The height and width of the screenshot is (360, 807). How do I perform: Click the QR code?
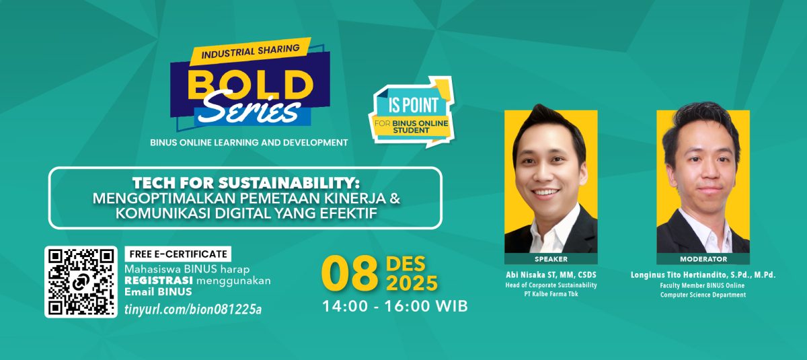pos(81,282)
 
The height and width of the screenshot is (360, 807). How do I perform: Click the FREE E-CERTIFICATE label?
pos(178,254)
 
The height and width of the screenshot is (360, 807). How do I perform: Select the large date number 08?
pos(349,273)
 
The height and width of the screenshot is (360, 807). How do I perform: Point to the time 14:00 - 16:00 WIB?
pos(395,306)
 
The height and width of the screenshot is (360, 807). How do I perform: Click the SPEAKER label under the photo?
pos(551,259)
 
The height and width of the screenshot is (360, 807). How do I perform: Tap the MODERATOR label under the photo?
pos(703,259)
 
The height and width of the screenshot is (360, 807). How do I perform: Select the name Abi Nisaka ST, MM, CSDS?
pos(551,275)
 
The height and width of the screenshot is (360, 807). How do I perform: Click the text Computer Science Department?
pos(703,295)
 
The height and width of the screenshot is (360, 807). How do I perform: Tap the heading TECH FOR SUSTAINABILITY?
pos(245,182)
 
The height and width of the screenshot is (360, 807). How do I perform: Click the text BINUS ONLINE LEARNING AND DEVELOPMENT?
pos(249,142)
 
